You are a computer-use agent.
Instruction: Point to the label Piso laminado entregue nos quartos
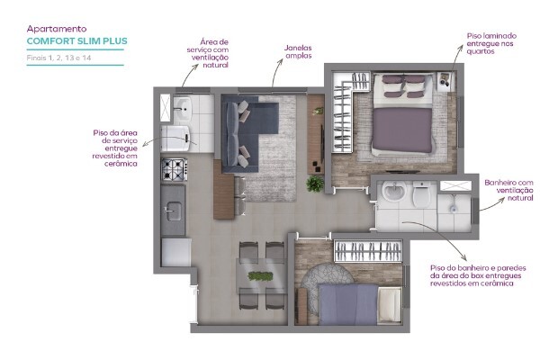click(x=490, y=43)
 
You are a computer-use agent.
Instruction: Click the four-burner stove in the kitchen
click(x=172, y=168)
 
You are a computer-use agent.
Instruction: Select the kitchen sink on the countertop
click(x=172, y=211)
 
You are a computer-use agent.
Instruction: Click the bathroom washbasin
click(x=392, y=193)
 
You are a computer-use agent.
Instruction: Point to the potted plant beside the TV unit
click(x=314, y=184)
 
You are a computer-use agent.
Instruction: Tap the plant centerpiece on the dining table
click(x=259, y=275)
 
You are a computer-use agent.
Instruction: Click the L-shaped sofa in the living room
click(x=243, y=135)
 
